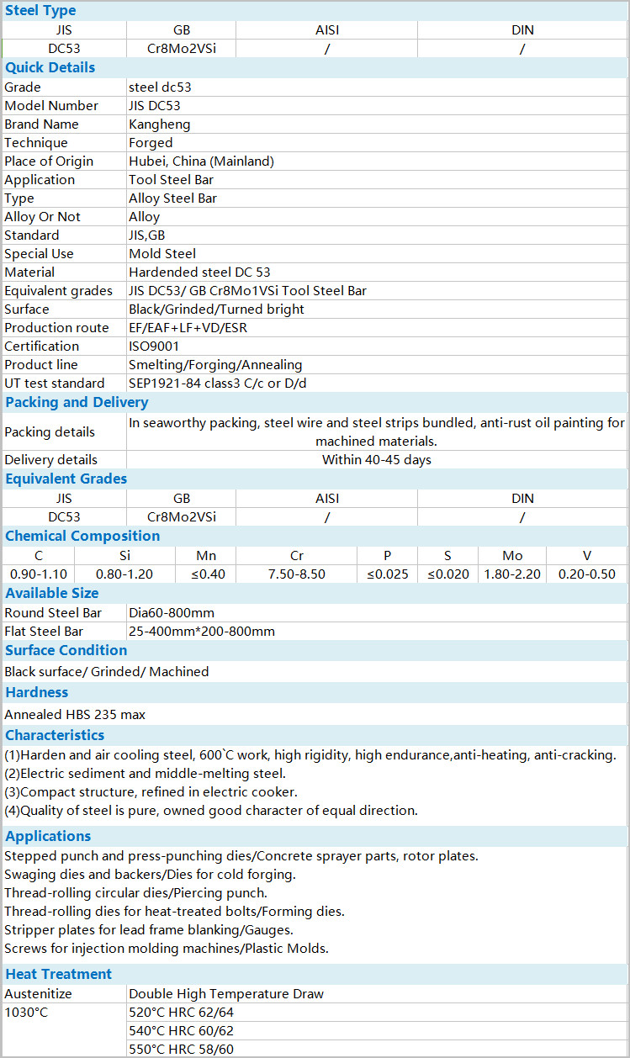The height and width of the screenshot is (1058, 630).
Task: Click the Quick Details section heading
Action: (x=50, y=68)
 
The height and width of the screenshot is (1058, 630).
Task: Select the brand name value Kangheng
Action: (x=160, y=124)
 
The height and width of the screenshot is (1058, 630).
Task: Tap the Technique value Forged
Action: (x=151, y=143)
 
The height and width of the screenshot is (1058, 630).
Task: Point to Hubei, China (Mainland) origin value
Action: (x=201, y=161)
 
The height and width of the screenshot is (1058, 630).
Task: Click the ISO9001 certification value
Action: (x=154, y=346)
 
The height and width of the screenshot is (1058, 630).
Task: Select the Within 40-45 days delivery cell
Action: (x=377, y=460)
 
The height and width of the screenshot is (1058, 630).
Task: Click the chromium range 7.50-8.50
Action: (x=296, y=574)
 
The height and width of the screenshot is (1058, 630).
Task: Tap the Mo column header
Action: (x=512, y=556)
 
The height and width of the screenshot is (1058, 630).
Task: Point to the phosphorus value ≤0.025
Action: (x=388, y=574)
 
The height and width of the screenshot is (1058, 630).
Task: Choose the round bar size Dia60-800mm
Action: (x=172, y=613)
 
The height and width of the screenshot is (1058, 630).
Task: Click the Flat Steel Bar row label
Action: (x=44, y=632)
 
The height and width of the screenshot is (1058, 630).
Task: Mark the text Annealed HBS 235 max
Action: (x=75, y=715)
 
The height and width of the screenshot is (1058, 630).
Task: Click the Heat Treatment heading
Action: (x=59, y=975)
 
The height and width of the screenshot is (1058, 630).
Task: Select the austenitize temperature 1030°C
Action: (x=26, y=1013)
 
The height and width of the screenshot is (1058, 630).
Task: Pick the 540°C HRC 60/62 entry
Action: (x=181, y=1031)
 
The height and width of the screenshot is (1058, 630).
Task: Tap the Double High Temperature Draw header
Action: (x=226, y=994)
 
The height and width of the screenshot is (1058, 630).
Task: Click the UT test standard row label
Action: (x=55, y=384)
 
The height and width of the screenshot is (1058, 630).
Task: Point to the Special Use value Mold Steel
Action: (x=162, y=254)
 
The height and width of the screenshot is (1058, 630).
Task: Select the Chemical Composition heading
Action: (x=82, y=537)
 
